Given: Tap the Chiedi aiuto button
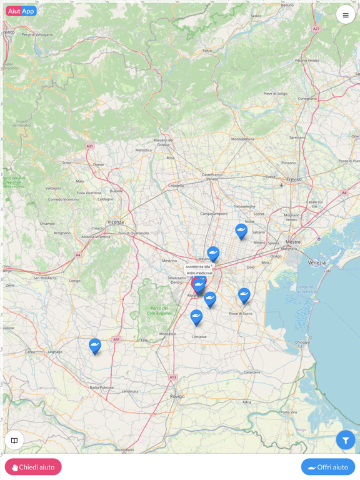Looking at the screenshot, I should click(33, 467).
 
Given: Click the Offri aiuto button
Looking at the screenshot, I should click(328, 467).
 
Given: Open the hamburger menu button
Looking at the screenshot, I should click(346, 15).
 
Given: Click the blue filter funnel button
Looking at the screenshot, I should click(346, 440).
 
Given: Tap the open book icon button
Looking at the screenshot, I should click(14, 440).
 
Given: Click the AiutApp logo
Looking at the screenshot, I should click(21, 11).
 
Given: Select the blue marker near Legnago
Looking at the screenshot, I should click(95, 346).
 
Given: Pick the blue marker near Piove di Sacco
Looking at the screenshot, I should click(244, 295).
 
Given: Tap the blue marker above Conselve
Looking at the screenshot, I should click(196, 317).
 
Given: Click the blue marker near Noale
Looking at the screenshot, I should click(241, 231).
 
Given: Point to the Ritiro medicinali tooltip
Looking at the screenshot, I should click(199, 273).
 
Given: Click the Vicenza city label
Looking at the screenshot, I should click(116, 222).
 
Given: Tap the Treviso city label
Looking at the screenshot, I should click(294, 179).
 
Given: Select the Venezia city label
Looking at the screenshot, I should click(317, 263).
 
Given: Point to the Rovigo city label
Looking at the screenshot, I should click(177, 396).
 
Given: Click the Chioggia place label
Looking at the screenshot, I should click(302, 342).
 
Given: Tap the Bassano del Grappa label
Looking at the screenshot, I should click(163, 142).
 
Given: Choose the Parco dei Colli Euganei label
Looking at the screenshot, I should click(159, 310).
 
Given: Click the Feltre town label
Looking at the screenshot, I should click(207, 51).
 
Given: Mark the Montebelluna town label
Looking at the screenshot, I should click(242, 139).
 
